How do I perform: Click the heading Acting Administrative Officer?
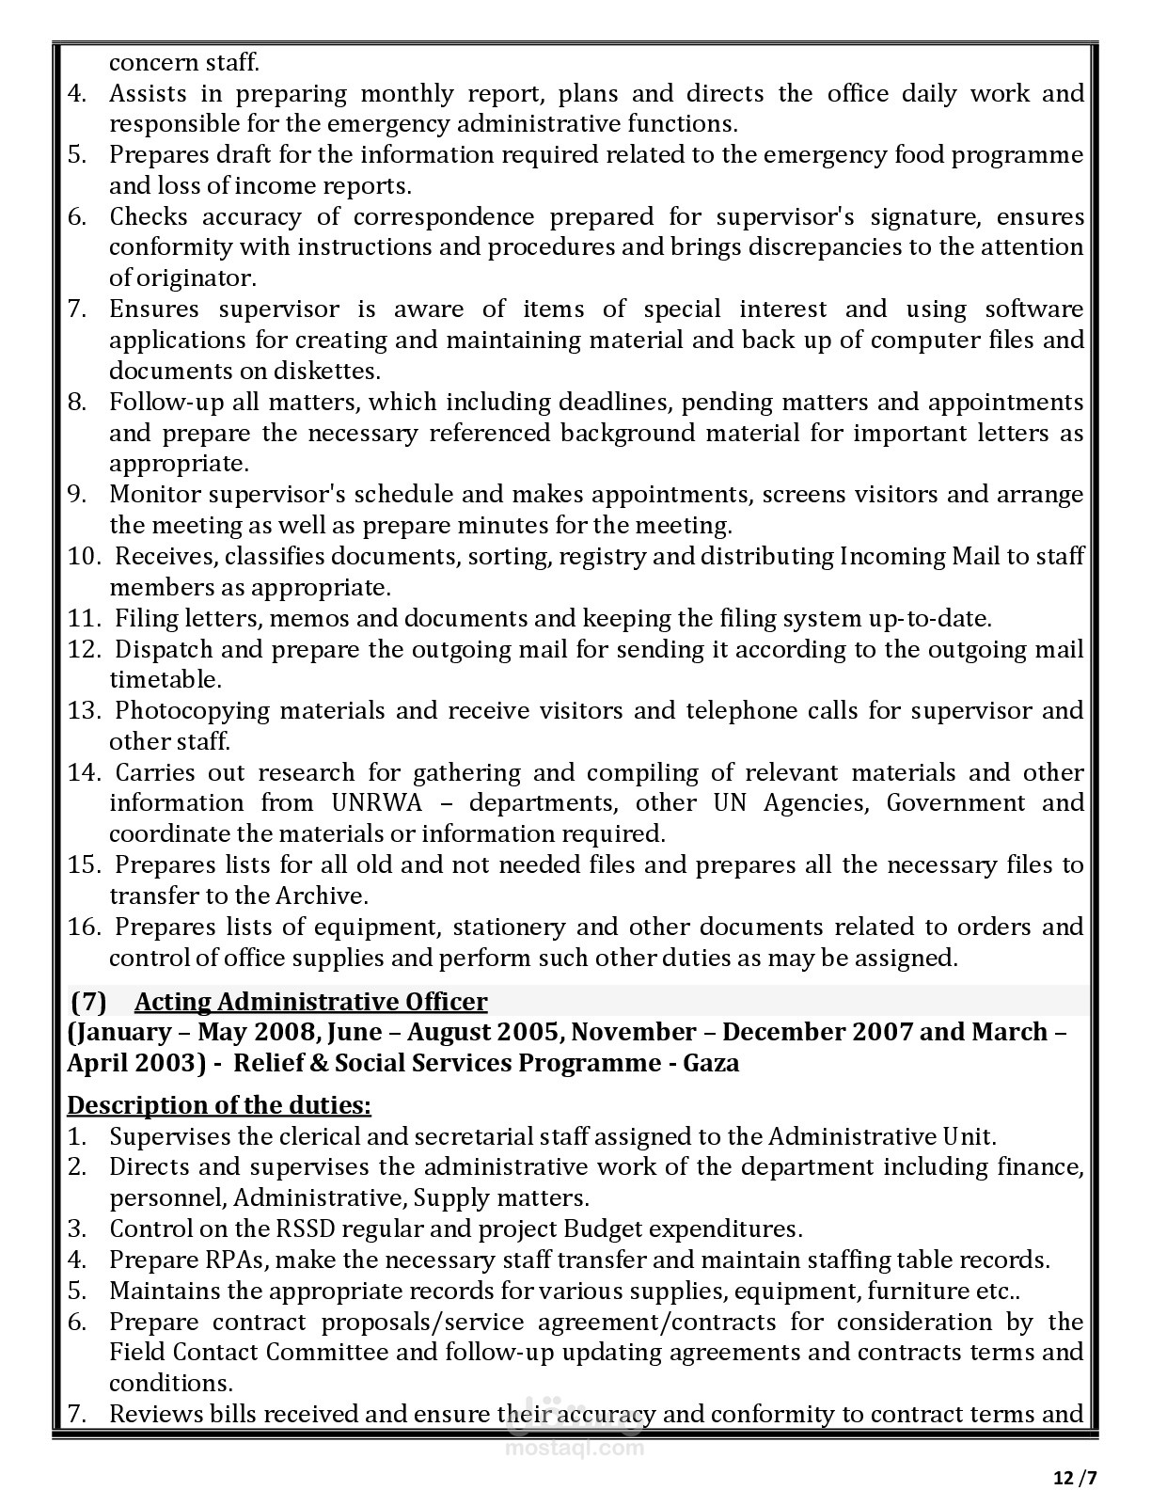point(311,1002)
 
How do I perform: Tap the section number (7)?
point(88,1002)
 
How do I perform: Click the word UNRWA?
point(371,803)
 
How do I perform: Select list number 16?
point(83,927)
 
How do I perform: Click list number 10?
point(83,557)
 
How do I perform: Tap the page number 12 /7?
point(1075,1477)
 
